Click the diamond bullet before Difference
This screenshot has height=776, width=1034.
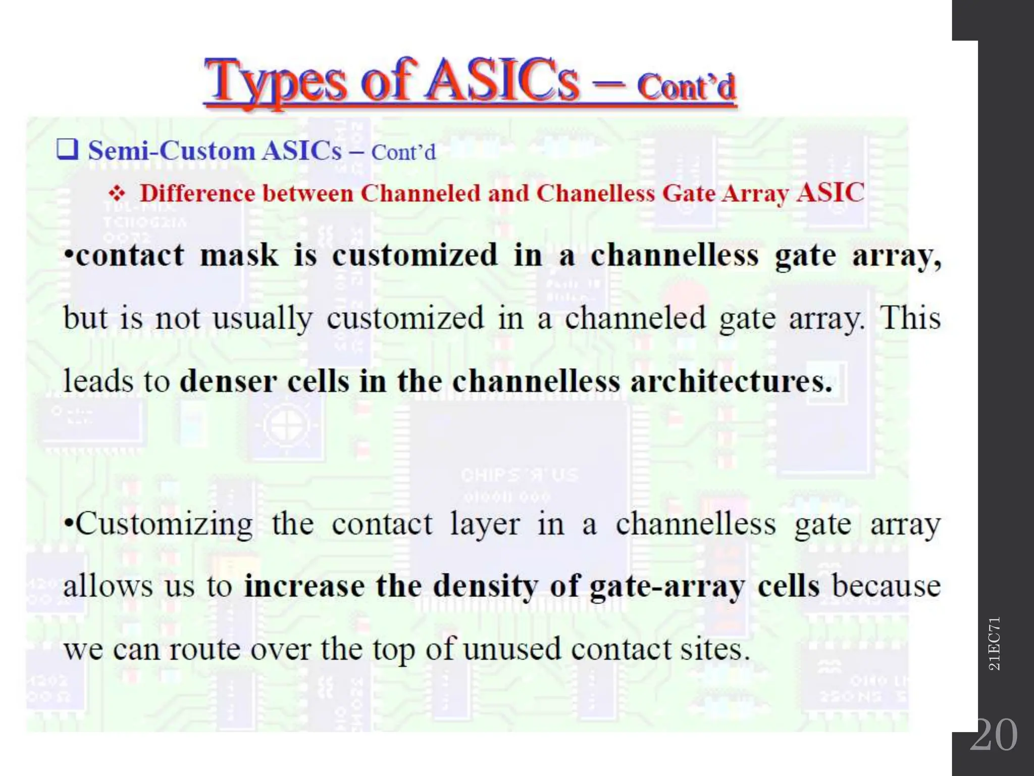[117, 194]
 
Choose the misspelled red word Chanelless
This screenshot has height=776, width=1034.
[595, 193]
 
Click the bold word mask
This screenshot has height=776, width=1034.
[239, 255]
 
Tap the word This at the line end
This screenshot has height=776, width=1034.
[910, 318]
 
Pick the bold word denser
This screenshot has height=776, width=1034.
[228, 381]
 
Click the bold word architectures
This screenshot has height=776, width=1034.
[731, 381]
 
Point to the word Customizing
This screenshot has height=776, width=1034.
[164, 524]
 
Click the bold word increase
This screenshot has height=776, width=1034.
[304, 587]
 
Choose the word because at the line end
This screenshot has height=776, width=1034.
[887, 587]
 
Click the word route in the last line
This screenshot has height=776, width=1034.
[204, 650]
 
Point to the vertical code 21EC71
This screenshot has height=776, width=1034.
[994, 644]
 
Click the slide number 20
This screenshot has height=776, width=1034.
[993, 735]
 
